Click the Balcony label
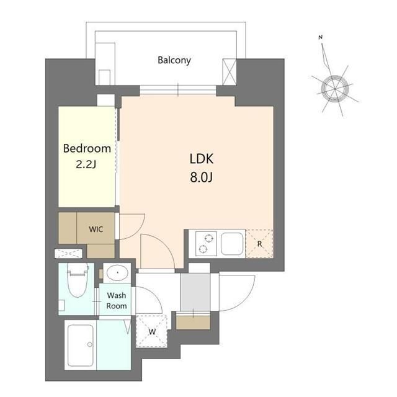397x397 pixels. [174, 61]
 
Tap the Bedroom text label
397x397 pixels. [87, 148]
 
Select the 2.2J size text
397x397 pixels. [86, 164]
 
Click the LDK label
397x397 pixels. [202, 159]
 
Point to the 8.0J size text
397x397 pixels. [202, 177]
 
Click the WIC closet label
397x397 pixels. [96, 230]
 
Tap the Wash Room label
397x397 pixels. [117, 300]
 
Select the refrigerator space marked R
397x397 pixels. [259, 244]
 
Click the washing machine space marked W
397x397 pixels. [151, 331]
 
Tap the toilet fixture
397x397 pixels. [78, 280]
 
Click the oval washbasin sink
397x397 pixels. [117, 273]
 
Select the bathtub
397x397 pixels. [81, 346]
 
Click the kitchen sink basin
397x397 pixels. [232, 244]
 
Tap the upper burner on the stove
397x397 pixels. [209, 238]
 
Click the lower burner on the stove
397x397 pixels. [203, 249]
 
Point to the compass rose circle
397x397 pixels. [335, 89]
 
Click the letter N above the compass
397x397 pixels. [321, 37]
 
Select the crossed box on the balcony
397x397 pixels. [230, 72]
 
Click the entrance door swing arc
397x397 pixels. [247, 301]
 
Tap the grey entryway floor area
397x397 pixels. [195, 292]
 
